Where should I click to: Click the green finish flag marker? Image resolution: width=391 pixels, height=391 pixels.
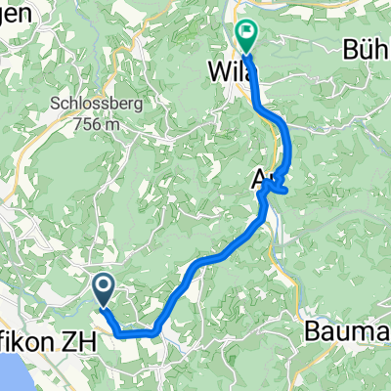click(x=245, y=36)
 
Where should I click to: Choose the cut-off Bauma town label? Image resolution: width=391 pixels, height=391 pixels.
click(x=347, y=329)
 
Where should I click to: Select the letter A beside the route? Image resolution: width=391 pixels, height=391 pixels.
click(x=261, y=179)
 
